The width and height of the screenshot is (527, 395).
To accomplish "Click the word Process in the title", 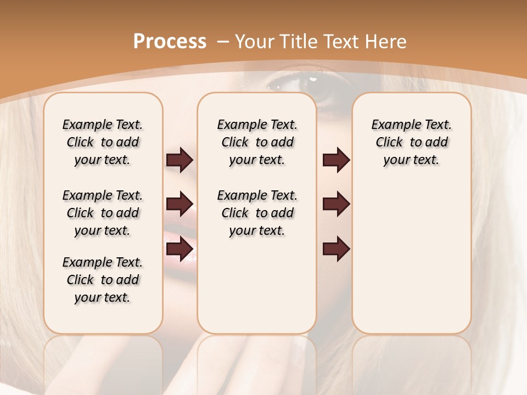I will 170,41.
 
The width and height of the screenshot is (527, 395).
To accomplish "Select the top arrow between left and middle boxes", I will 180,160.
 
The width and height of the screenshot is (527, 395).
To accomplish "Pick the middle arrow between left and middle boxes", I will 180,204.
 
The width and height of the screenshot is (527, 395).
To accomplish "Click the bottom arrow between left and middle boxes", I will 180,249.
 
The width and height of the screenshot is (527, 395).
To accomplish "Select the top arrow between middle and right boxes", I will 336,160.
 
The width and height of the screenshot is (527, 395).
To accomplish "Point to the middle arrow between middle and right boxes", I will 336,204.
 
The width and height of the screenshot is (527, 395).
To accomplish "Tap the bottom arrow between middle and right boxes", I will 336,249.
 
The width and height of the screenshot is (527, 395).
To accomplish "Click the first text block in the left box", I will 103,142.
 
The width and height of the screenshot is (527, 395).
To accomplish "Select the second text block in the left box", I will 103,213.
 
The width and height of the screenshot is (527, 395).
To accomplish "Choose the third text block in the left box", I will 103,280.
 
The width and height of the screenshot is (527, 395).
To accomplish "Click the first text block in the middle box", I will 257,142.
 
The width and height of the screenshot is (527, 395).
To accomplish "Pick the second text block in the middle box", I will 257,213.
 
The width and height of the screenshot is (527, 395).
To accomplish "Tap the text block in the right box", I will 411,142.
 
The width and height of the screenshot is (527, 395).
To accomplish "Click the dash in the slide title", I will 223,41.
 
